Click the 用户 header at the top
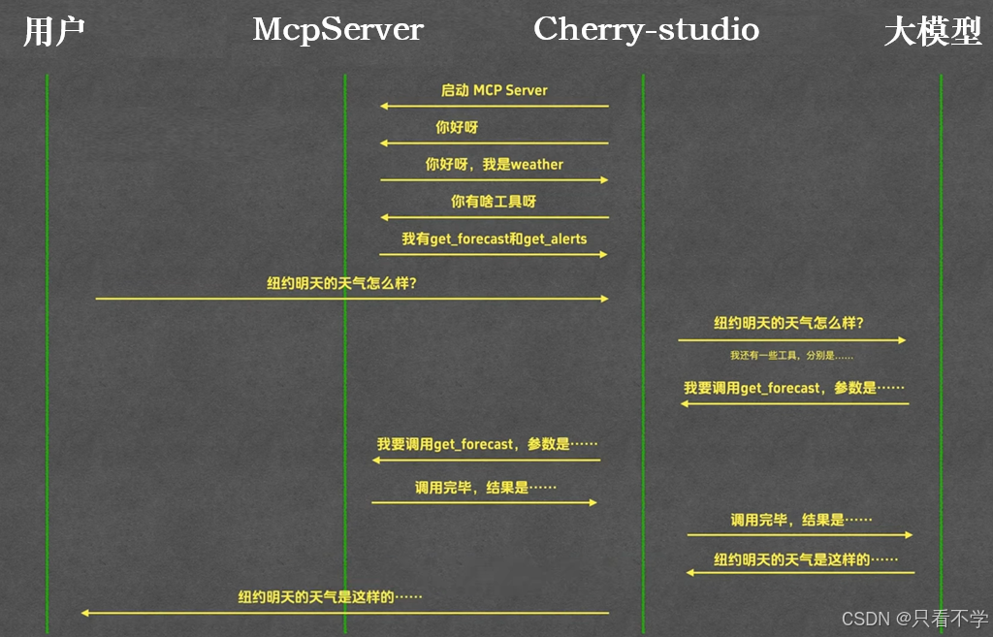pos(54,31)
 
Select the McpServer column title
pos(337,30)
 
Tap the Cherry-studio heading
pos(646,30)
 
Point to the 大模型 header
pos(933,32)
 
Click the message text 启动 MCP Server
pos(494,90)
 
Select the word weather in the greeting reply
pos(537,165)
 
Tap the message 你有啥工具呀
pos(494,202)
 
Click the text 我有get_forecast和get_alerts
pos(494,239)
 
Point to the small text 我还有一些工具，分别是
pos(791,356)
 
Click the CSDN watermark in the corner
pos(913,619)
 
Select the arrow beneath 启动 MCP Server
pos(494,106)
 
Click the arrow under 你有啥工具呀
pos(494,217)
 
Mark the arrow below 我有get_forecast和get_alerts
pos(494,254)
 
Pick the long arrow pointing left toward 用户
pos(344,613)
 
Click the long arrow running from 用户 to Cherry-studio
pos(351,299)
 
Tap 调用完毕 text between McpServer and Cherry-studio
pos(485,488)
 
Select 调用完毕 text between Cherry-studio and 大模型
pos(801,521)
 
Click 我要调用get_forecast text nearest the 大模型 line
pos(793,388)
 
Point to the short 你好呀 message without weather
pos(457,128)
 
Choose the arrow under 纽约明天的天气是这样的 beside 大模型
pos(800,573)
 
